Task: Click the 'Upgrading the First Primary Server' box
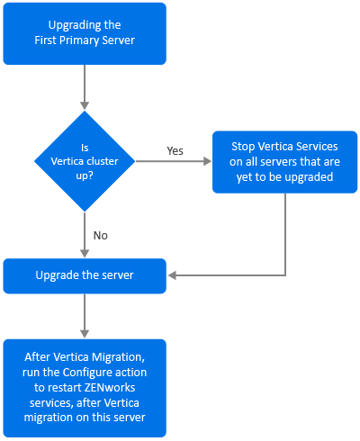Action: point(85,33)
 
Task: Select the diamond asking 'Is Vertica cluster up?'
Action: point(85,161)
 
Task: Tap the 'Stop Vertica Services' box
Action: point(285,162)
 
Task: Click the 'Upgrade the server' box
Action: point(85,276)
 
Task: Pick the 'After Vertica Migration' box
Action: point(85,388)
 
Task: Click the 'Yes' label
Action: point(175,150)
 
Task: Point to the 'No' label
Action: point(101,236)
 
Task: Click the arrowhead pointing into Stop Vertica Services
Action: point(207,161)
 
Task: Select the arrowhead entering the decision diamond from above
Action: point(85,105)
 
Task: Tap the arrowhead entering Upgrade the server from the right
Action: point(172,275)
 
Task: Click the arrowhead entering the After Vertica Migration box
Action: point(85,334)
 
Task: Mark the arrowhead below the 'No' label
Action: point(85,253)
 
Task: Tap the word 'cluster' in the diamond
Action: point(101,161)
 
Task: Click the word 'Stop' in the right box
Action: point(243,147)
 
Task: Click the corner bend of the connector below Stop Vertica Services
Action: point(285,275)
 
